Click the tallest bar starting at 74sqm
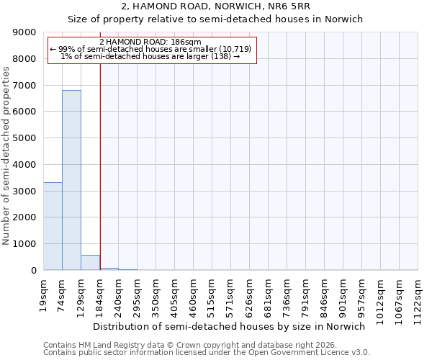(x=71, y=180)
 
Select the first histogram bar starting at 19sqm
(x=53, y=226)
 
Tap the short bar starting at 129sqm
(x=90, y=263)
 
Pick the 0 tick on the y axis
(x=33, y=271)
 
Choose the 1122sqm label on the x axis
(x=418, y=293)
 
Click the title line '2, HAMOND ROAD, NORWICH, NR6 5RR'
(x=215, y=7)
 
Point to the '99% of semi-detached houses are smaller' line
(x=150, y=49)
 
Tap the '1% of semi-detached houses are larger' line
(x=150, y=56)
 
